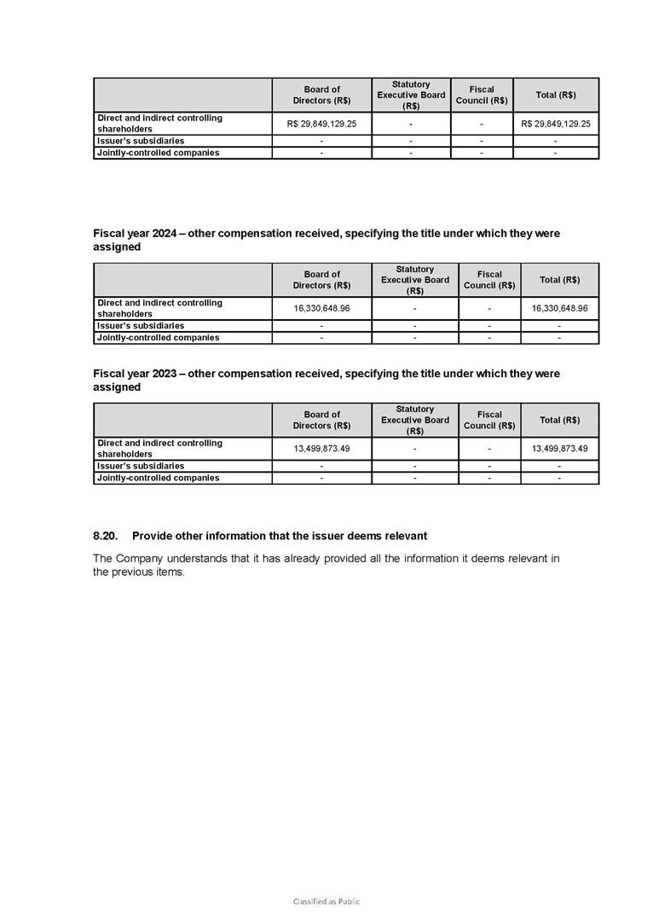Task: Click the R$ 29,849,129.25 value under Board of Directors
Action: point(322,124)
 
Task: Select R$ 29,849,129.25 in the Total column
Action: point(556,124)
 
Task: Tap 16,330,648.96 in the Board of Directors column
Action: point(321,308)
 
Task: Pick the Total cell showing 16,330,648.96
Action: point(559,308)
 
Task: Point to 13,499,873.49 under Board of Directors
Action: point(321,448)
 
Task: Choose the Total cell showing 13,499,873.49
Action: point(559,448)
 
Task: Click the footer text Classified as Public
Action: point(326,901)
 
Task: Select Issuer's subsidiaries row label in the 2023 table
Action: point(141,467)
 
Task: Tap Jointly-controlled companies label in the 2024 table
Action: point(158,338)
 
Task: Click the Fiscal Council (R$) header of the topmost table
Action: point(482,95)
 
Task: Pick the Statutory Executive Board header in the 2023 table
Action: point(414,420)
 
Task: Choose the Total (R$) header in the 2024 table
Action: point(559,280)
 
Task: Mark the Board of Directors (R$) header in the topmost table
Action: point(321,95)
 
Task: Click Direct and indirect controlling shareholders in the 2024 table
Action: point(159,308)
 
